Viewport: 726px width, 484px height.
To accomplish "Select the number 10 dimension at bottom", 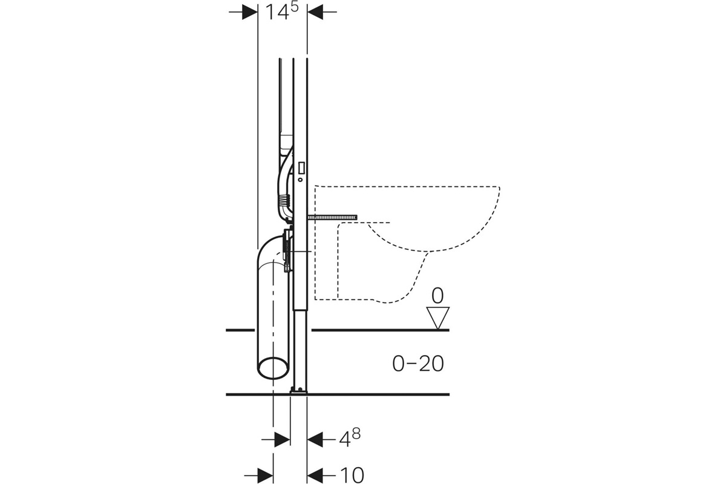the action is pyautogui.click(x=352, y=476).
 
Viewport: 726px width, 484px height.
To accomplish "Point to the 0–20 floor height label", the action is pyautogui.click(x=418, y=364).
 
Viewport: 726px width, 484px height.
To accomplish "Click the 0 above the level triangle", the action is pyautogui.click(x=437, y=296).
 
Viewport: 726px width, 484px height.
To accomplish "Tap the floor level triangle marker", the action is pyautogui.click(x=438, y=318).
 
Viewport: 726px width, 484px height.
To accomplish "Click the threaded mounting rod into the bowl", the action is pyautogui.click(x=333, y=218).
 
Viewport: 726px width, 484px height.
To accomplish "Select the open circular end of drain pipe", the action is pyautogui.click(x=273, y=368).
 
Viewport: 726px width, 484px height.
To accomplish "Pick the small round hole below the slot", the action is pyautogui.click(x=300, y=179).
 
